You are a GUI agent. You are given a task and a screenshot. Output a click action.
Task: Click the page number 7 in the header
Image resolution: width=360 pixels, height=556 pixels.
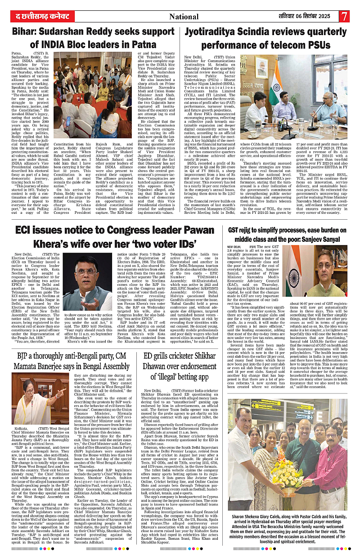(x=344, y=16)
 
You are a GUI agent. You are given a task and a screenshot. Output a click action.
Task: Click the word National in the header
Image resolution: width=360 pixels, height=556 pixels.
(x=184, y=17)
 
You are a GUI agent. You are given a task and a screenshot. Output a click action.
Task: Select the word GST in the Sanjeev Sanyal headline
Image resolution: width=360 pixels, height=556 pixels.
(x=236, y=229)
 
